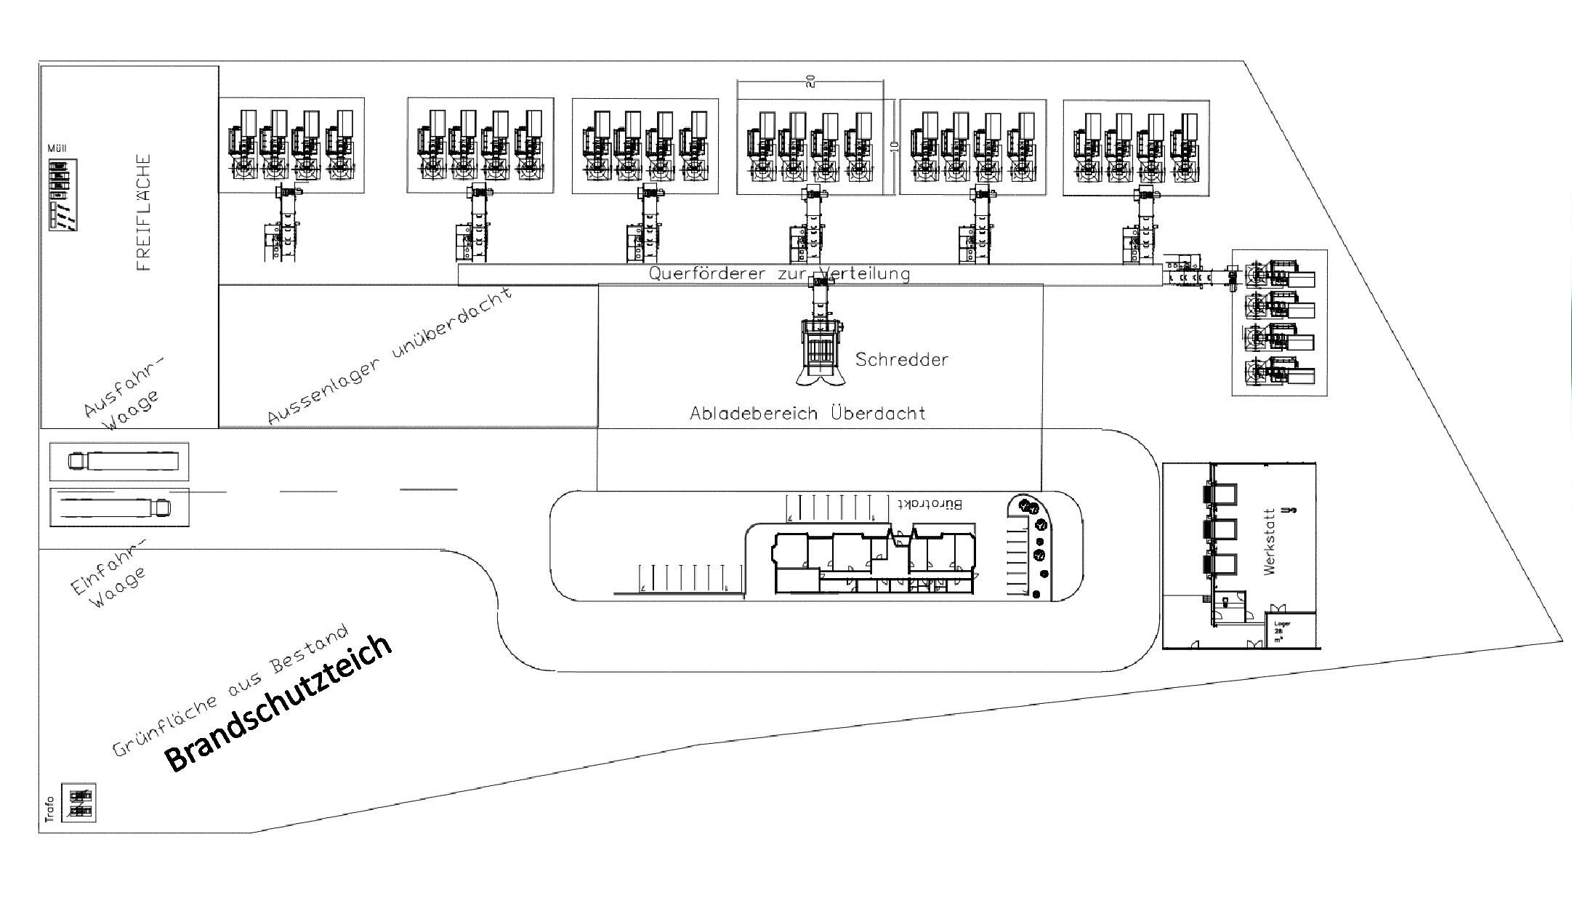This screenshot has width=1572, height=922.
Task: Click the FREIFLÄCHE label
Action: pos(143,212)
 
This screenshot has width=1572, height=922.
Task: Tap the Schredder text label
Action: pos(901,359)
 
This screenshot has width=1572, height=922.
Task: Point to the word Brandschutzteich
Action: pos(279,702)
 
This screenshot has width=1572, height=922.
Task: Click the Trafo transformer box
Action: pos(78,803)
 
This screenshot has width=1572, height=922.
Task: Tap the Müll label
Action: pos(57,148)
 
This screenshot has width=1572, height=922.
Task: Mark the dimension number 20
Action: pos(811,81)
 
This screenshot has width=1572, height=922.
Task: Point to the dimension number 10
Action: pos(895,146)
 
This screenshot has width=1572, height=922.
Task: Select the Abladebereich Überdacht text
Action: pos(807,414)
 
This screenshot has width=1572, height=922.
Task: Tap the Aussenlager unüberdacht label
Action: pos(390,355)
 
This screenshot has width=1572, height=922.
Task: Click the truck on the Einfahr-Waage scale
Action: pos(116,507)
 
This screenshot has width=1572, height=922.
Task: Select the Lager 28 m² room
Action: pos(1291,630)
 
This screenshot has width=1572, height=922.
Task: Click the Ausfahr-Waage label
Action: pos(124,392)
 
